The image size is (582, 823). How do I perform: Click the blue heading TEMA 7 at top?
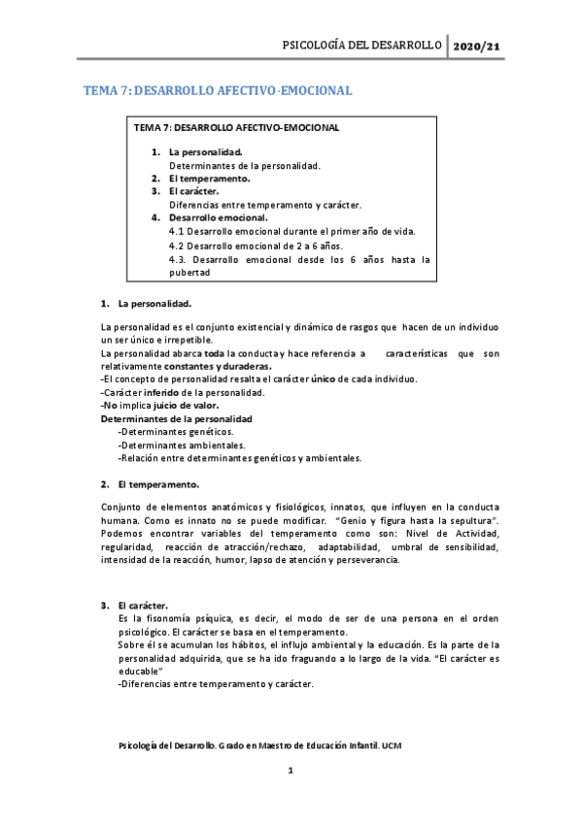click(x=218, y=91)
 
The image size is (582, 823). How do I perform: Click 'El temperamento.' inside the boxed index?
click(x=209, y=179)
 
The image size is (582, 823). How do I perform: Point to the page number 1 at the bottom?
click(x=291, y=771)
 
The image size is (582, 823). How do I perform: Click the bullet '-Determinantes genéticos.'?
click(x=175, y=431)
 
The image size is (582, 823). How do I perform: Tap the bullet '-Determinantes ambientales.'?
click(x=181, y=444)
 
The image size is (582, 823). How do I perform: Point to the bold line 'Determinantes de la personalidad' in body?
click(x=176, y=418)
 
